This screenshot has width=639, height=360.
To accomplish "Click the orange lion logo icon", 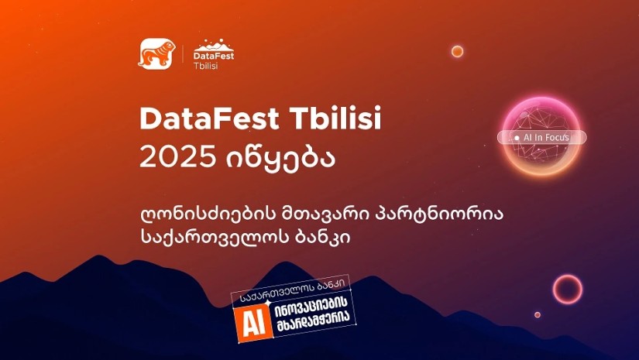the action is click(157, 53).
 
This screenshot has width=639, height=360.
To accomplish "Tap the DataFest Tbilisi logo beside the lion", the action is click(214, 54).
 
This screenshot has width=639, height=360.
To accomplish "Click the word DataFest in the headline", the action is click(209, 118).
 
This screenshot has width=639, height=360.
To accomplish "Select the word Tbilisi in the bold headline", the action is click(335, 118).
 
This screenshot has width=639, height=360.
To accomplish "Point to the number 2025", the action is click(177, 157).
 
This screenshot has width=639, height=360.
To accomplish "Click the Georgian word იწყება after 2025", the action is click(281, 159).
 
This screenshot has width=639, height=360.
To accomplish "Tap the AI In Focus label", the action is click(542, 137).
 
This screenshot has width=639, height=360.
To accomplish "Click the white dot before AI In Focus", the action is click(517, 138).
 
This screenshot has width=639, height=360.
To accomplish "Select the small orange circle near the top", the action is click(457, 51).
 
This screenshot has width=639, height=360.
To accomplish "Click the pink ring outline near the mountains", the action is click(568, 276).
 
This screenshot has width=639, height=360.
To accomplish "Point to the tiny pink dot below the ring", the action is click(538, 315).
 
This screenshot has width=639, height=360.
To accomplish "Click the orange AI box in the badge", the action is click(253, 322).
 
